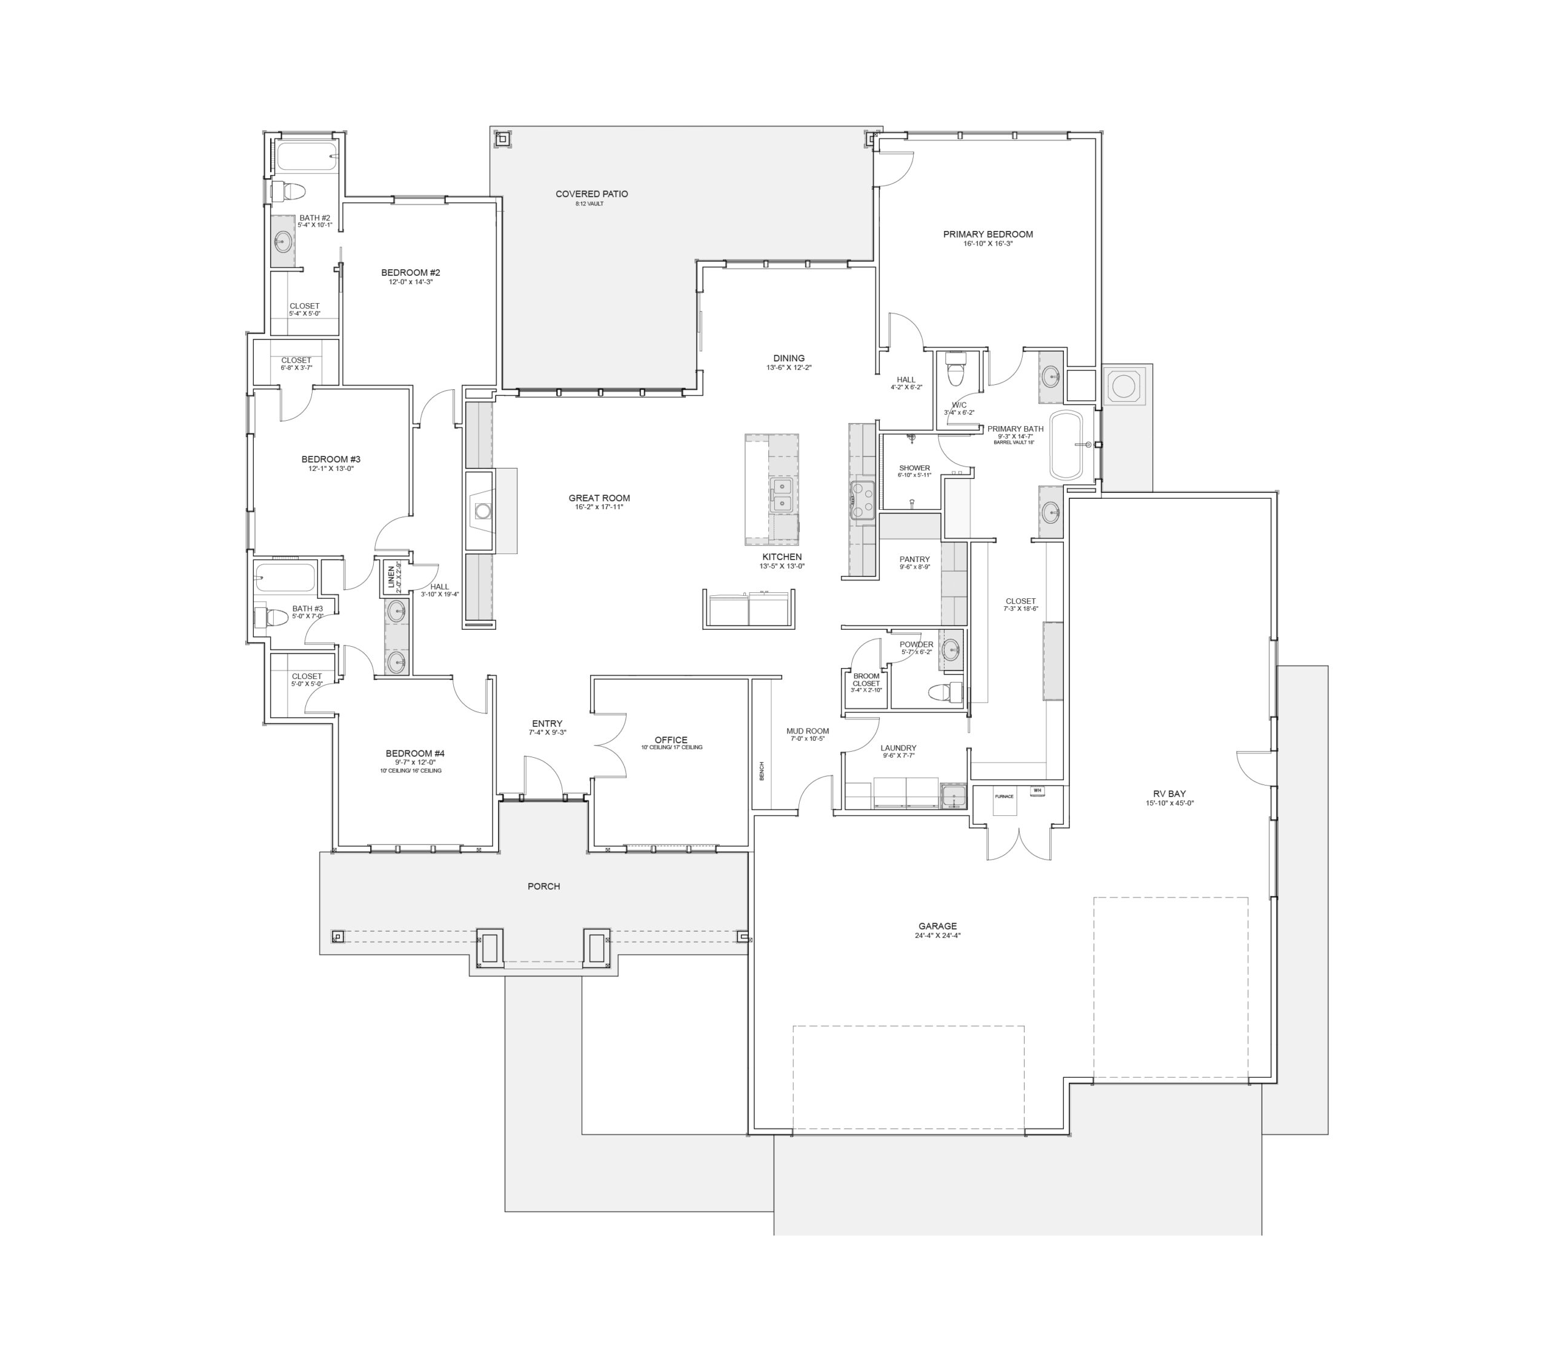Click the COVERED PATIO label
pyautogui.click(x=591, y=195)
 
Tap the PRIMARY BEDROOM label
pyautogui.click(x=988, y=235)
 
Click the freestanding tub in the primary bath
pyautogui.click(x=1066, y=445)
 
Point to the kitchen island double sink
pyautogui.click(x=780, y=495)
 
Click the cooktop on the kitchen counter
pyautogui.click(x=863, y=501)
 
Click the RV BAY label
pyautogui.click(x=1169, y=793)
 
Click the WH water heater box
pyautogui.click(x=1037, y=791)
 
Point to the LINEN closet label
pyautogui.click(x=391, y=577)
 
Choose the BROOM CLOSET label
pyautogui.click(x=866, y=680)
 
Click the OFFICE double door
pyautogui.click(x=609, y=746)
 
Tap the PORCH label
pyautogui.click(x=543, y=886)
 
